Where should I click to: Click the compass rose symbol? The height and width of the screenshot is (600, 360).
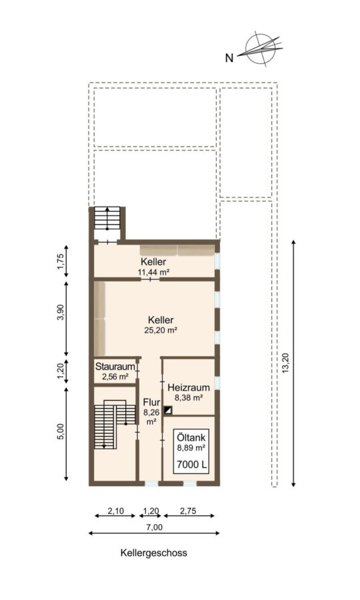[261, 49]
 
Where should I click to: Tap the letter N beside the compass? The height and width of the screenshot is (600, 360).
[229, 58]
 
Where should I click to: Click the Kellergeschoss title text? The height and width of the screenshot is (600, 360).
[154, 553]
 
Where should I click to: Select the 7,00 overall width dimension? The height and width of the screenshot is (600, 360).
[154, 527]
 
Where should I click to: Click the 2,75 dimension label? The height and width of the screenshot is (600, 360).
[189, 511]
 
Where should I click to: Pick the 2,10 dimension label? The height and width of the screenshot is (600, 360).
[115, 511]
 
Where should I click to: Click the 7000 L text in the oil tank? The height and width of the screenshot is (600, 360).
[192, 465]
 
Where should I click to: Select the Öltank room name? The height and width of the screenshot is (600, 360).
[192, 437]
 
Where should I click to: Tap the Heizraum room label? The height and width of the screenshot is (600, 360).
[189, 387]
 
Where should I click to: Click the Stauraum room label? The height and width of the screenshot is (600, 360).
[115, 366]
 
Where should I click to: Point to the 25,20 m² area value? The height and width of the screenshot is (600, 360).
[160, 330]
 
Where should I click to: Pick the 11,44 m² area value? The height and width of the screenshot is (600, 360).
[153, 272]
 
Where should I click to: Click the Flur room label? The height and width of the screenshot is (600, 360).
[151, 402]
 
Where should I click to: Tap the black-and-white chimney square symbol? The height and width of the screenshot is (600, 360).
[168, 411]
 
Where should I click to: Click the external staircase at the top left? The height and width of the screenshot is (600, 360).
[107, 219]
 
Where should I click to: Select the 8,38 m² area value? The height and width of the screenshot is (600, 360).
[189, 398]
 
